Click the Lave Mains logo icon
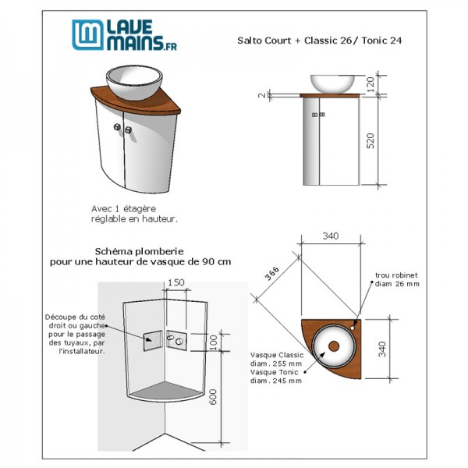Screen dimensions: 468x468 tap(88, 35)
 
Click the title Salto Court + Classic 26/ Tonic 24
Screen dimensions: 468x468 tap(319, 41)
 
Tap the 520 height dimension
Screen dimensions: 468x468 tap(370, 141)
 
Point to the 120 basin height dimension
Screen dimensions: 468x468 tap(370, 84)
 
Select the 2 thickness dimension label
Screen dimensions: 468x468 tap(262, 95)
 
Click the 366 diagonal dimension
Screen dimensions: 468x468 tap(272, 273)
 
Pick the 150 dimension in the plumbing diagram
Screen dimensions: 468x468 tap(176, 282)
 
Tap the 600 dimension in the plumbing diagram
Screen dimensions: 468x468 tap(212, 397)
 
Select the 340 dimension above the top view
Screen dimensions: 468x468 tap(331, 236)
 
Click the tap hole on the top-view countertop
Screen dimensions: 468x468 tap(353, 328)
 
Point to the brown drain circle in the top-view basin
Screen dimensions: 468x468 tap(334, 346)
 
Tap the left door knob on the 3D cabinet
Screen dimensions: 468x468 tap(117, 127)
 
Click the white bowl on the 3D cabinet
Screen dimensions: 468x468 tap(134, 83)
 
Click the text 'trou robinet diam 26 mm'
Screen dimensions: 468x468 tap(397, 279)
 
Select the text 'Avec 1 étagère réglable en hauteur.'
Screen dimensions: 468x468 tap(134, 214)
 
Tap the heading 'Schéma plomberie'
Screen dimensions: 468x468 tap(140, 251)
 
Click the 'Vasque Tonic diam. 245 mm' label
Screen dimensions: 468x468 tap(276, 377)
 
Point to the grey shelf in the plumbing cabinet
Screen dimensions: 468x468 tap(165, 391)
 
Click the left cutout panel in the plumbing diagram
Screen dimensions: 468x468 tap(153, 341)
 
